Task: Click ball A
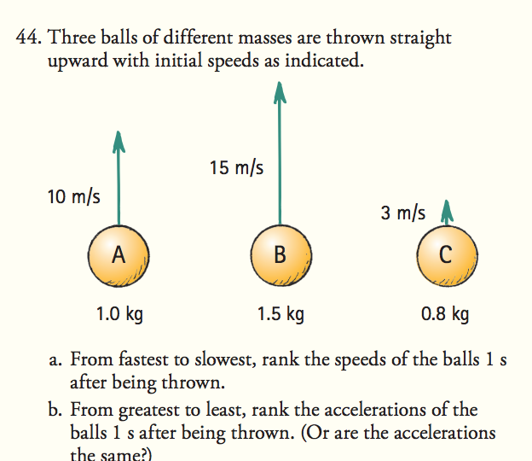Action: pos(119,255)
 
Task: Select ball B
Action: pos(280,255)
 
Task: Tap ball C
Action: pos(444,255)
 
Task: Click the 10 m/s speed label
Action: pos(73,197)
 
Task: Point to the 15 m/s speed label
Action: pos(236,168)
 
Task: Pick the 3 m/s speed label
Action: pos(403,213)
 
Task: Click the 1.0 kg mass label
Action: pos(119,314)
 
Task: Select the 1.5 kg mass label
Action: pos(280,314)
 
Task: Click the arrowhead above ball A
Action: pos(119,140)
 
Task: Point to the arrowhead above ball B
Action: pos(279,90)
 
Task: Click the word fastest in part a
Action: pos(133,360)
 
